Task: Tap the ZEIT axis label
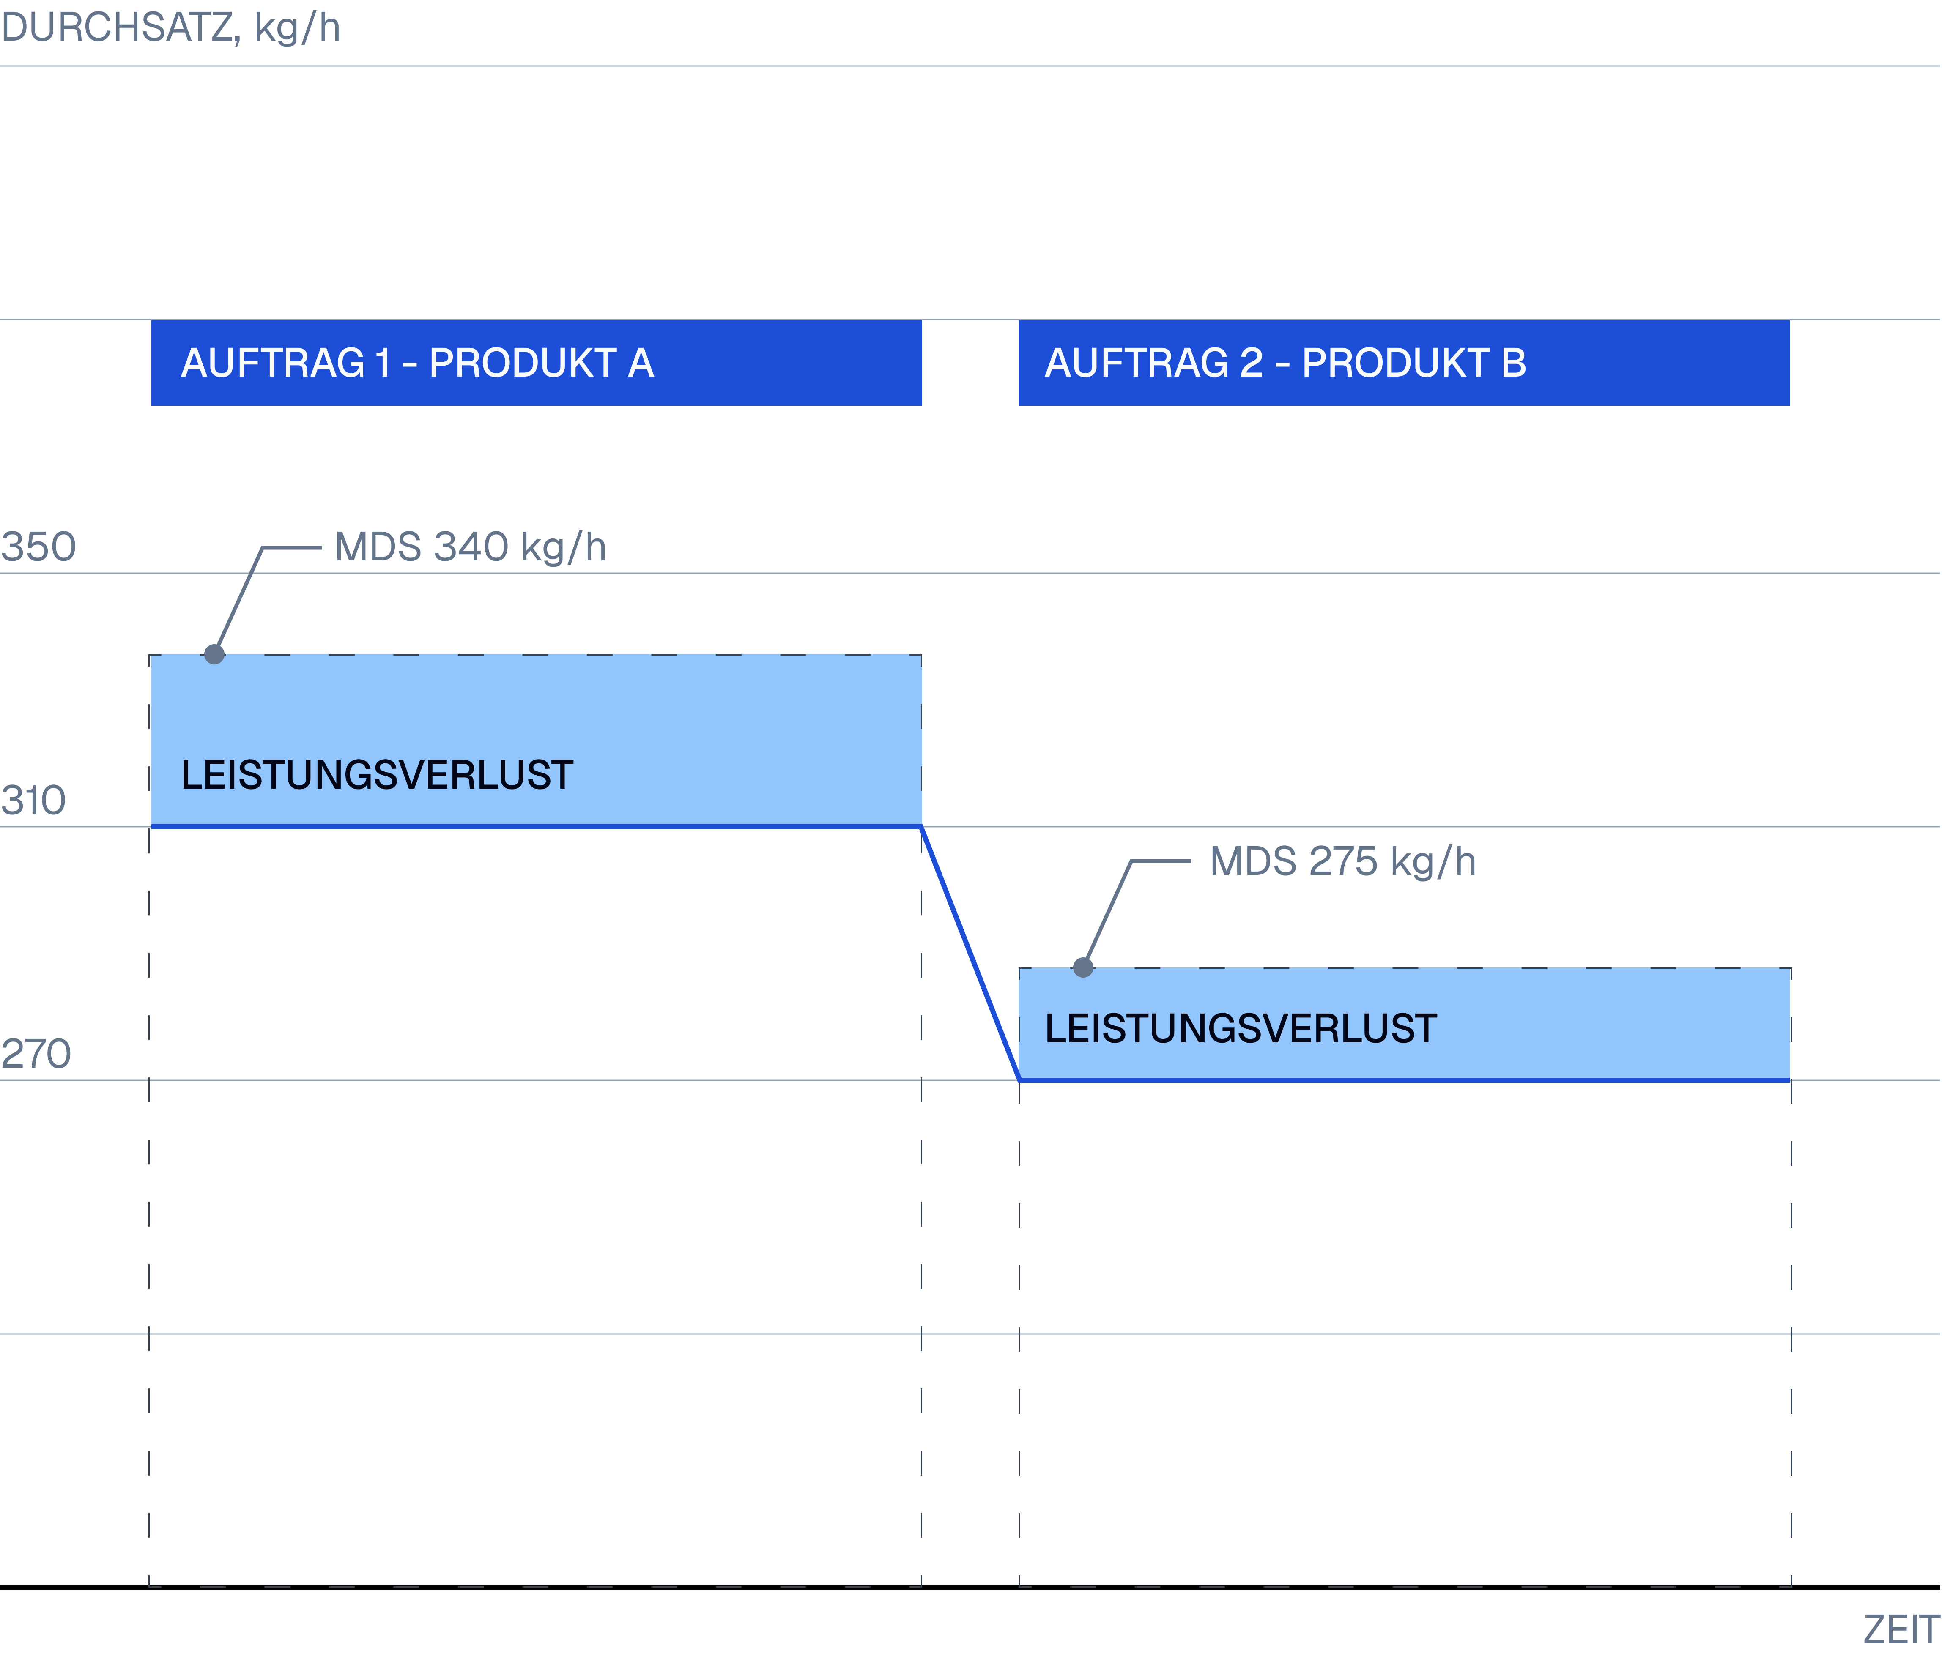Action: pyautogui.click(x=1901, y=1630)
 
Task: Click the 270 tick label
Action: pyautogui.click(x=36, y=1053)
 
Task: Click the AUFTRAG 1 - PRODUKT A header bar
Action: pyautogui.click(x=536, y=363)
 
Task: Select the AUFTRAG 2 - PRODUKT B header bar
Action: pyautogui.click(x=1403, y=363)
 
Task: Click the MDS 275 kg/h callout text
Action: pyautogui.click(x=1342, y=861)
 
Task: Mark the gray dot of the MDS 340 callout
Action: pyautogui.click(x=215, y=654)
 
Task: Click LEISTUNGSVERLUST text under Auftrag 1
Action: pyautogui.click(x=377, y=775)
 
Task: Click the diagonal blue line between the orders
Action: pyautogui.click(x=970, y=953)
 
